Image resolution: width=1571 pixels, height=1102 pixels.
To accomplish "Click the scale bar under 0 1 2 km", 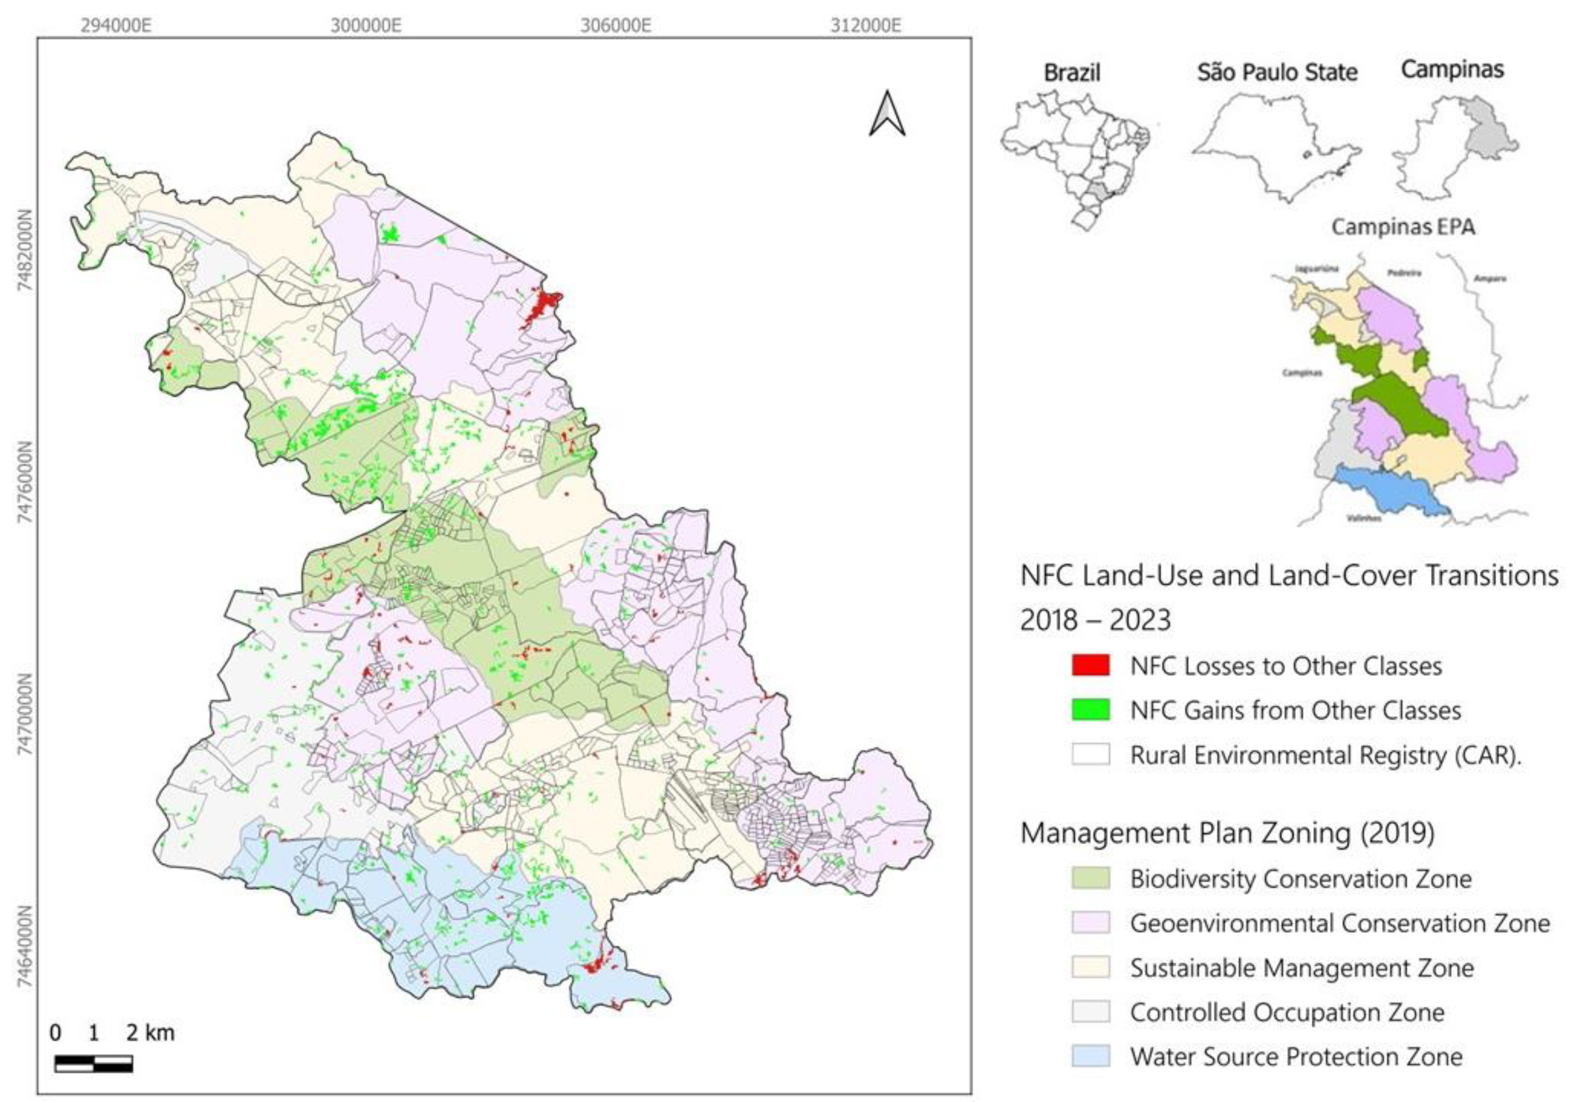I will pyautogui.click(x=94, y=1063).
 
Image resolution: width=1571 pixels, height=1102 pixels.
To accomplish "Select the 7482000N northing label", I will pyautogui.click(x=25, y=250).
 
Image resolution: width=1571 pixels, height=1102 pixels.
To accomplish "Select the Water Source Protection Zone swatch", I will pyautogui.click(x=1091, y=1057).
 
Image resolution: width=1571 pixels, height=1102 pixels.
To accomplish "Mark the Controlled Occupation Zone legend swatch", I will pyautogui.click(x=1091, y=1012).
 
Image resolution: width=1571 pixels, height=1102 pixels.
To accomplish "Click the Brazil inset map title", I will pyautogui.click(x=1072, y=73).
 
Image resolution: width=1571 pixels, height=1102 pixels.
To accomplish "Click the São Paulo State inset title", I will pyautogui.click(x=1277, y=73).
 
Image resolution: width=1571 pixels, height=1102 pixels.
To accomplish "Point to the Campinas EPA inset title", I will pyautogui.click(x=1403, y=227).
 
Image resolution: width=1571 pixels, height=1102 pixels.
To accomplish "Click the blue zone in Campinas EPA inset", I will pyautogui.click(x=1389, y=489).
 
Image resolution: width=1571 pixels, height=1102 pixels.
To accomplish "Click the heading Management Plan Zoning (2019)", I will pyautogui.click(x=1228, y=834).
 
